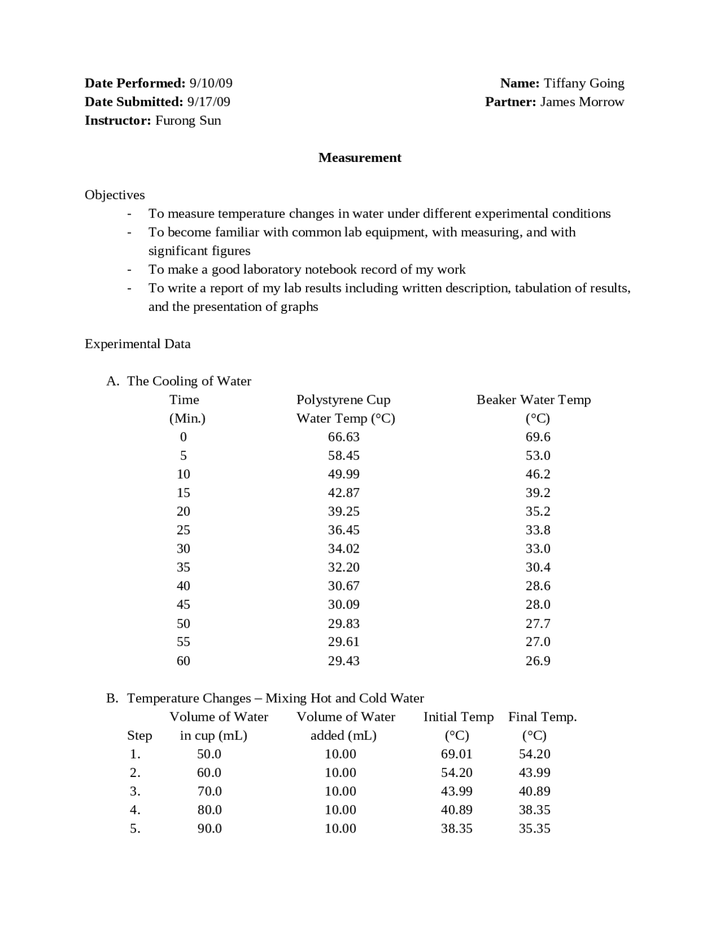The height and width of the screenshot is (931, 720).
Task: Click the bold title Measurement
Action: [359, 157]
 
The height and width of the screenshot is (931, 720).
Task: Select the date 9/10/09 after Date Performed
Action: [210, 83]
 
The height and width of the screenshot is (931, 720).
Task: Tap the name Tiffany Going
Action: [583, 83]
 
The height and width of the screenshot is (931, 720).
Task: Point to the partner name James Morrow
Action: [582, 102]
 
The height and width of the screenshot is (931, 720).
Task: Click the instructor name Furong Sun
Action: [188, 120]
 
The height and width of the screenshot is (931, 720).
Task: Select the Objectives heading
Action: [115, 195]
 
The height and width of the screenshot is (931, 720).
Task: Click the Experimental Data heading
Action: [137, 344]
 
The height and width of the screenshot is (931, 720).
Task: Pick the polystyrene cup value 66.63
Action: [344, 437]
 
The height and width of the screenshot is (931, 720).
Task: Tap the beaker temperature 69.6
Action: [538, 437]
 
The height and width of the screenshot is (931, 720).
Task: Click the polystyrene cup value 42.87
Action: [344, 492]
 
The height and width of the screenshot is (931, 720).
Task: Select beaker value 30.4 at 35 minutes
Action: [538, 567]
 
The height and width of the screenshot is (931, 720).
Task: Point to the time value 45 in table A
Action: [183, 604]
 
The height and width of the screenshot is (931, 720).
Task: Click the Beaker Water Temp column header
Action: [533, 400]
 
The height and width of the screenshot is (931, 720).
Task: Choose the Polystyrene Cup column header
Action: [343, 400]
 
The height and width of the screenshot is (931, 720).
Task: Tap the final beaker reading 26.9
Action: [538, 661]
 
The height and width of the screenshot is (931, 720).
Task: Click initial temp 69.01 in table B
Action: [456, 754]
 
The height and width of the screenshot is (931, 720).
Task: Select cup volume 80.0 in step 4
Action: [209, 810]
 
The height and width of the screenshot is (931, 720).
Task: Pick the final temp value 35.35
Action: [534, 828]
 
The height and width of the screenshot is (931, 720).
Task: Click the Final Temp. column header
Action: [542, 717]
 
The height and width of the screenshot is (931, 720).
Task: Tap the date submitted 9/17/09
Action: [209, 102]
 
